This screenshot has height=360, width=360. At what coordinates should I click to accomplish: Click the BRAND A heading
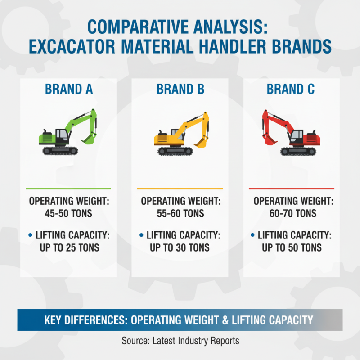[x=69, y=89]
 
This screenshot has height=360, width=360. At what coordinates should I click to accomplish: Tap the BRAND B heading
[x=180, y=89]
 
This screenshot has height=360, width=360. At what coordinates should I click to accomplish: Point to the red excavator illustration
[x=291, y=132]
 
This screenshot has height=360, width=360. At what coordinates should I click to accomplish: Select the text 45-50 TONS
[x=69, y=213]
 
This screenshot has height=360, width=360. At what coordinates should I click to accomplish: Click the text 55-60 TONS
[x=180, y=213]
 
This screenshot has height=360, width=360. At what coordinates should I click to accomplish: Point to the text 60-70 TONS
[x=292, y=213]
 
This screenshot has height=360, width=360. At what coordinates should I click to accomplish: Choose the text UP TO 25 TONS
[x=69, y=247]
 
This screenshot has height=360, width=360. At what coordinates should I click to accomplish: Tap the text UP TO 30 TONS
[x=180, y=247]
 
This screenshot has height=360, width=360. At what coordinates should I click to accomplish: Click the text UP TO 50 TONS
[x=292, y=247]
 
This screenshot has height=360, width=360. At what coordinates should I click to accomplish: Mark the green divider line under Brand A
[x=68, y=189]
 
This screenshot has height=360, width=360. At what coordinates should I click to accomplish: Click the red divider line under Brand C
[x=292, y=189]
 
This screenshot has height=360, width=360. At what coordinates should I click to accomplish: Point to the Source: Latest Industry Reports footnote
[x=180, y=341]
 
